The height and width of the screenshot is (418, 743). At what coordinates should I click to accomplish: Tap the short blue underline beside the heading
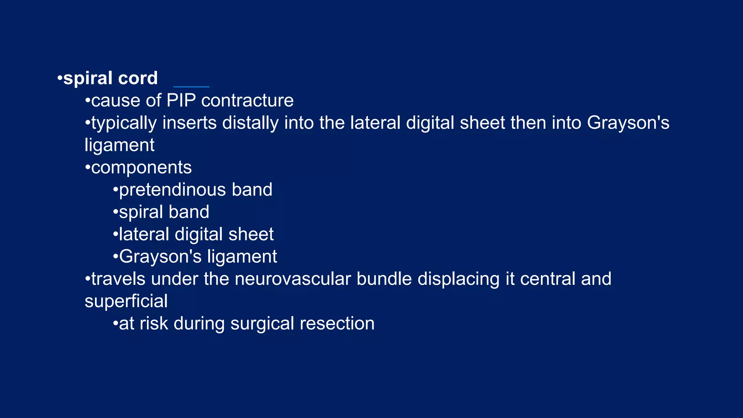192,87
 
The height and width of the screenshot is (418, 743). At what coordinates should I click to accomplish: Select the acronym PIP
181,101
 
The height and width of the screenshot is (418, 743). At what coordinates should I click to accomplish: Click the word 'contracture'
247,101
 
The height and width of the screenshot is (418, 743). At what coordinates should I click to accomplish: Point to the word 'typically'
124,123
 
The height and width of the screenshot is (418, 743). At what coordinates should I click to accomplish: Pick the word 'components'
141,168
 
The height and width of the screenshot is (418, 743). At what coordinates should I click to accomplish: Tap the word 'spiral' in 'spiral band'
141,212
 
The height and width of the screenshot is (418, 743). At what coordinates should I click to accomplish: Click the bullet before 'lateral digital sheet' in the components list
115,234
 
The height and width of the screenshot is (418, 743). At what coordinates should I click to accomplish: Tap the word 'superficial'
126,301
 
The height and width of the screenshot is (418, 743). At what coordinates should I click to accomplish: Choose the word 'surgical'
262,324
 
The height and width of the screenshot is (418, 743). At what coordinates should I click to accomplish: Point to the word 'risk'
154,324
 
